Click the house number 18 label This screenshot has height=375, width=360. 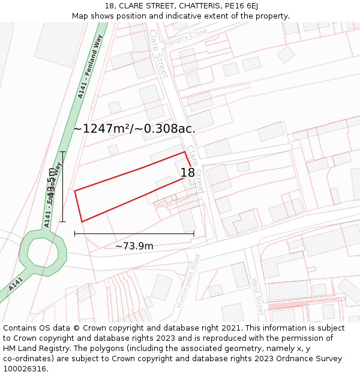(188, 173)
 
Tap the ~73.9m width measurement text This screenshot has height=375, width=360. (134, 246)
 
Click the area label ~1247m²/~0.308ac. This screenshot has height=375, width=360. (134, 128)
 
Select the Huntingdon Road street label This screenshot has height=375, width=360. (188, 280)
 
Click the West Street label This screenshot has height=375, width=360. (257, 296)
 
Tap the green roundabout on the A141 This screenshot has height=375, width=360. (41, 254)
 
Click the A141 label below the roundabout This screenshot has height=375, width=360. (16, 284)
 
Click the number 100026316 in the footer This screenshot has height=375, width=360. (25, 368)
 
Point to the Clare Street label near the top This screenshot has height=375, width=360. (159, 53)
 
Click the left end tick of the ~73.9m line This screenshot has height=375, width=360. (75, 233)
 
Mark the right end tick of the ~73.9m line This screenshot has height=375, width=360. (194, 233)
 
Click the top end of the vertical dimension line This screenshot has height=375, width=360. (63, 152)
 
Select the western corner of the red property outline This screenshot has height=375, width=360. (75, 191)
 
